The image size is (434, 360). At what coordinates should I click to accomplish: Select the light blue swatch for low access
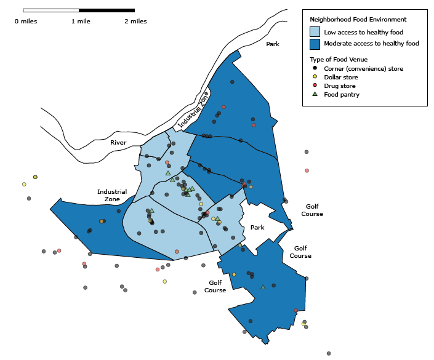click(315, 32)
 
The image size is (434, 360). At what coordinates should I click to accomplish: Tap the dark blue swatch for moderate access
click(315, 44)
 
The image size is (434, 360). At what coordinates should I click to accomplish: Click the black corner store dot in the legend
click(315, 68)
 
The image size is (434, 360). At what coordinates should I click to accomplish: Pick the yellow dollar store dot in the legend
click(315, 77)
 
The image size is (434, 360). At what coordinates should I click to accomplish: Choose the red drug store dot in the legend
click(315, 86)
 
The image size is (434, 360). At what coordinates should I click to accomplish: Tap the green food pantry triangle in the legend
click(315, 94)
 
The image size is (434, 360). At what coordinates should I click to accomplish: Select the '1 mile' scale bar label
click(81, 22)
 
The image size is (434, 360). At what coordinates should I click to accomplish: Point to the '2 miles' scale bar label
click(135, 22)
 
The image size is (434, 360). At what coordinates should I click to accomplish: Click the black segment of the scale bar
click(106, 10)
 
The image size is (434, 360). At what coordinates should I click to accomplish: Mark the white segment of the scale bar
click(50, 10)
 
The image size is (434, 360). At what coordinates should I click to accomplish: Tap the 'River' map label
click(118, 143)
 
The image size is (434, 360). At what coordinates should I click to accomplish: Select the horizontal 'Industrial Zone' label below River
click(112, 195)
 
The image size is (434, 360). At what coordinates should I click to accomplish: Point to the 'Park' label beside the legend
click(273, 44)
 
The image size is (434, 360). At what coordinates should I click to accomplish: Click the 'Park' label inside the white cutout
click(257, 228)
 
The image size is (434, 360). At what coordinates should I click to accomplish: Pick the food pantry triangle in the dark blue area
click(263, 287)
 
